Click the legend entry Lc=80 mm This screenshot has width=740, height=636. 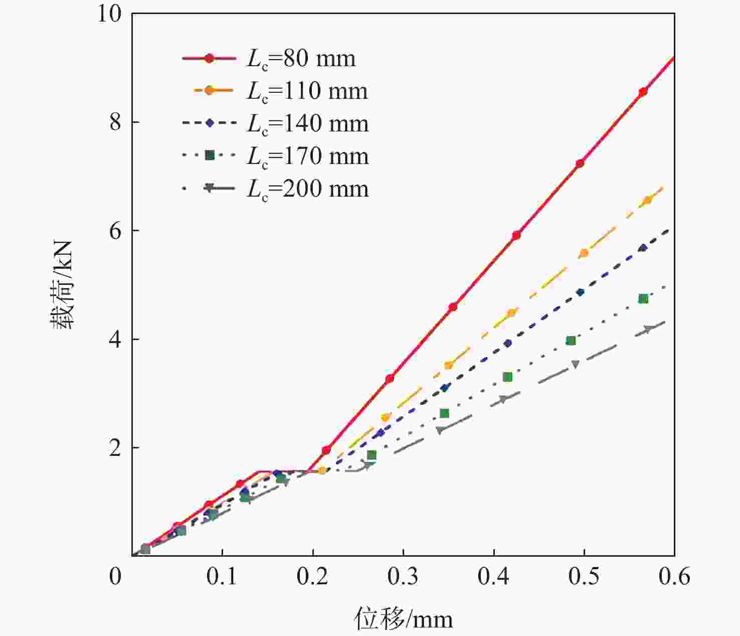point(301,59)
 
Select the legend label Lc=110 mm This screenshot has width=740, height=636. point(307,91)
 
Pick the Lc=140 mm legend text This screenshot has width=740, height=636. point(307,124)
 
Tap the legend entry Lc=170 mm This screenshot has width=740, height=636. point(307,156)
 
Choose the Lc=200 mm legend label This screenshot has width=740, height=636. point(307,189)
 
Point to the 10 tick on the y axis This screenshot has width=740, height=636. point(109,14)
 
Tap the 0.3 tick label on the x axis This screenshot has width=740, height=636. point(403,577)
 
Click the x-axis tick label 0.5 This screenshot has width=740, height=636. point(584,577)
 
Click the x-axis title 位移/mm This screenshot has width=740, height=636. point(403,619)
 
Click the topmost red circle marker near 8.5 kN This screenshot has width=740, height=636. point(643,92)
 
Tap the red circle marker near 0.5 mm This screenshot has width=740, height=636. point(580,164)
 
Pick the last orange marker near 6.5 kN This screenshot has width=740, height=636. point(647,200)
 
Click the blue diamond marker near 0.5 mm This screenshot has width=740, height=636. point(580,292)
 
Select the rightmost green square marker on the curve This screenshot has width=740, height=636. point(643,299)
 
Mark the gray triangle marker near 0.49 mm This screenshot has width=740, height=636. point(575,364)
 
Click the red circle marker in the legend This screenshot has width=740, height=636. point(209,59)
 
